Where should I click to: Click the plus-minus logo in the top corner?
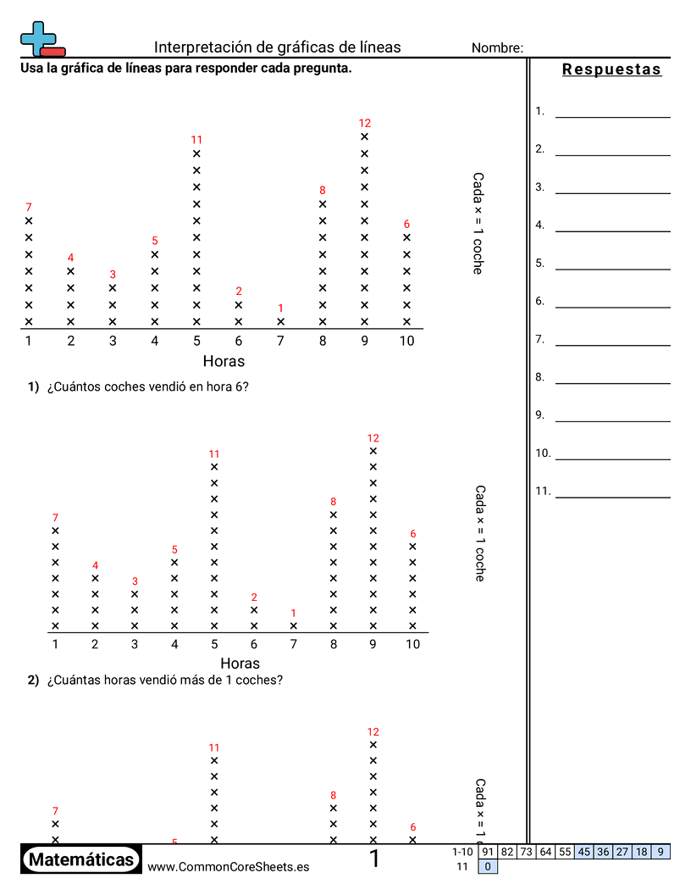(x=41, y=39)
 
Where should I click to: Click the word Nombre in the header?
(x=497, y=48)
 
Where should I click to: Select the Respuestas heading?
(x=611, y=69)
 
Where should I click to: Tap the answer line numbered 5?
(x=612, y=269)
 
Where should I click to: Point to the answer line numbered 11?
(x=612, y=497)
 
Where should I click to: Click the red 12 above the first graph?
(x=365, y=123)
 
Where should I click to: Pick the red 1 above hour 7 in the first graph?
(x=280, y=309)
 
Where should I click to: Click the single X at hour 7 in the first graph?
(x=280, y=322)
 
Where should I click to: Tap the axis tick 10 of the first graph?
(x=406, y=341)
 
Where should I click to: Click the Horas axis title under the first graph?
(x=224, y=361)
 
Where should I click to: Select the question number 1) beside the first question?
(x=34, y=386)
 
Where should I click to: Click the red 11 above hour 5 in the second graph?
(x=214, y=454)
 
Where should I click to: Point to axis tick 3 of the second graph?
(x=135, y=644)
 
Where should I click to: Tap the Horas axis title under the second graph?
(x=240, y=663)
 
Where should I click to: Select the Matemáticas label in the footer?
(x=81, y=860)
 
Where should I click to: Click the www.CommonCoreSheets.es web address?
(x=228, y=867)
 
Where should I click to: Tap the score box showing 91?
(x=487, y=852)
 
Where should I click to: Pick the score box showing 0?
(x=488, y=866)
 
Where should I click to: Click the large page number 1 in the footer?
(x=374, y=859)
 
